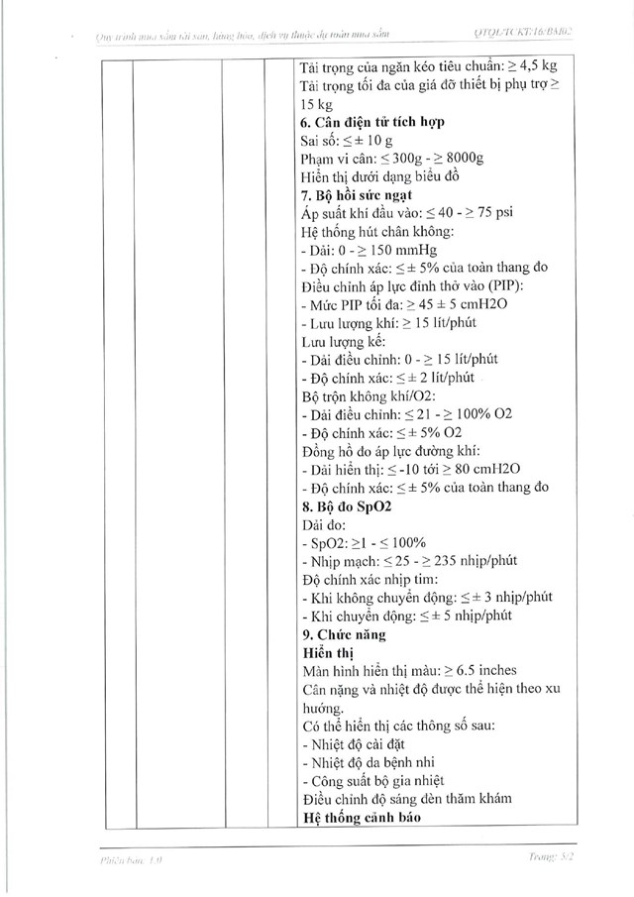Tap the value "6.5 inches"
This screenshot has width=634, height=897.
pos(502,671)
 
